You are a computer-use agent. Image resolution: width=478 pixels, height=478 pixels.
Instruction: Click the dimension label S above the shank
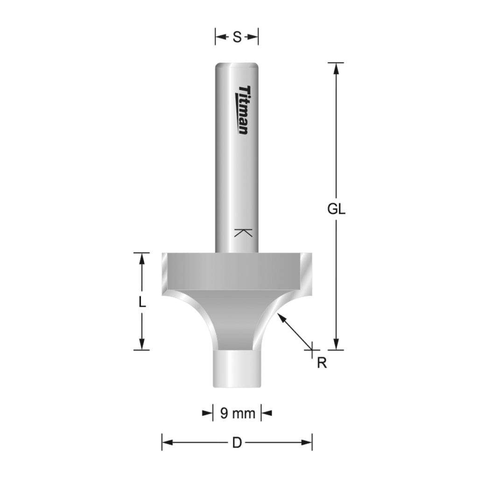coord(237,37)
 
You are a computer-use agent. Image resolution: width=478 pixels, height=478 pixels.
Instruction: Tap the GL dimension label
coord(336,210)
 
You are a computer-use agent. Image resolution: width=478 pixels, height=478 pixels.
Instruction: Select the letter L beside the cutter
coord(142,302)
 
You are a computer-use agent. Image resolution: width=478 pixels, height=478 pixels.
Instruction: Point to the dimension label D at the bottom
coord(237,443)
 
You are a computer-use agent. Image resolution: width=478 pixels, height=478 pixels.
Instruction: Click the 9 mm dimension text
coord(237,413)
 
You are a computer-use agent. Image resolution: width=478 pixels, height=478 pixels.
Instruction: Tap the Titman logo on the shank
coord(242,110)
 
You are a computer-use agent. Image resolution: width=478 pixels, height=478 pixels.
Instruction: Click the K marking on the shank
coord(243,233)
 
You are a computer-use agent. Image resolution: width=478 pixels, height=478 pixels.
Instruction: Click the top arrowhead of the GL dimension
coord(335,68)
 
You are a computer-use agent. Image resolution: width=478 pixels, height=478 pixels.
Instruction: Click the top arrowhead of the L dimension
coord(141,259)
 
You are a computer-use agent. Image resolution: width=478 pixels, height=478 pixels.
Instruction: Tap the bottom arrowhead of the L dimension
coord(141,344)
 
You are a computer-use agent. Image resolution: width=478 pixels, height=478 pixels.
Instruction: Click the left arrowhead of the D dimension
coord(168,442)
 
